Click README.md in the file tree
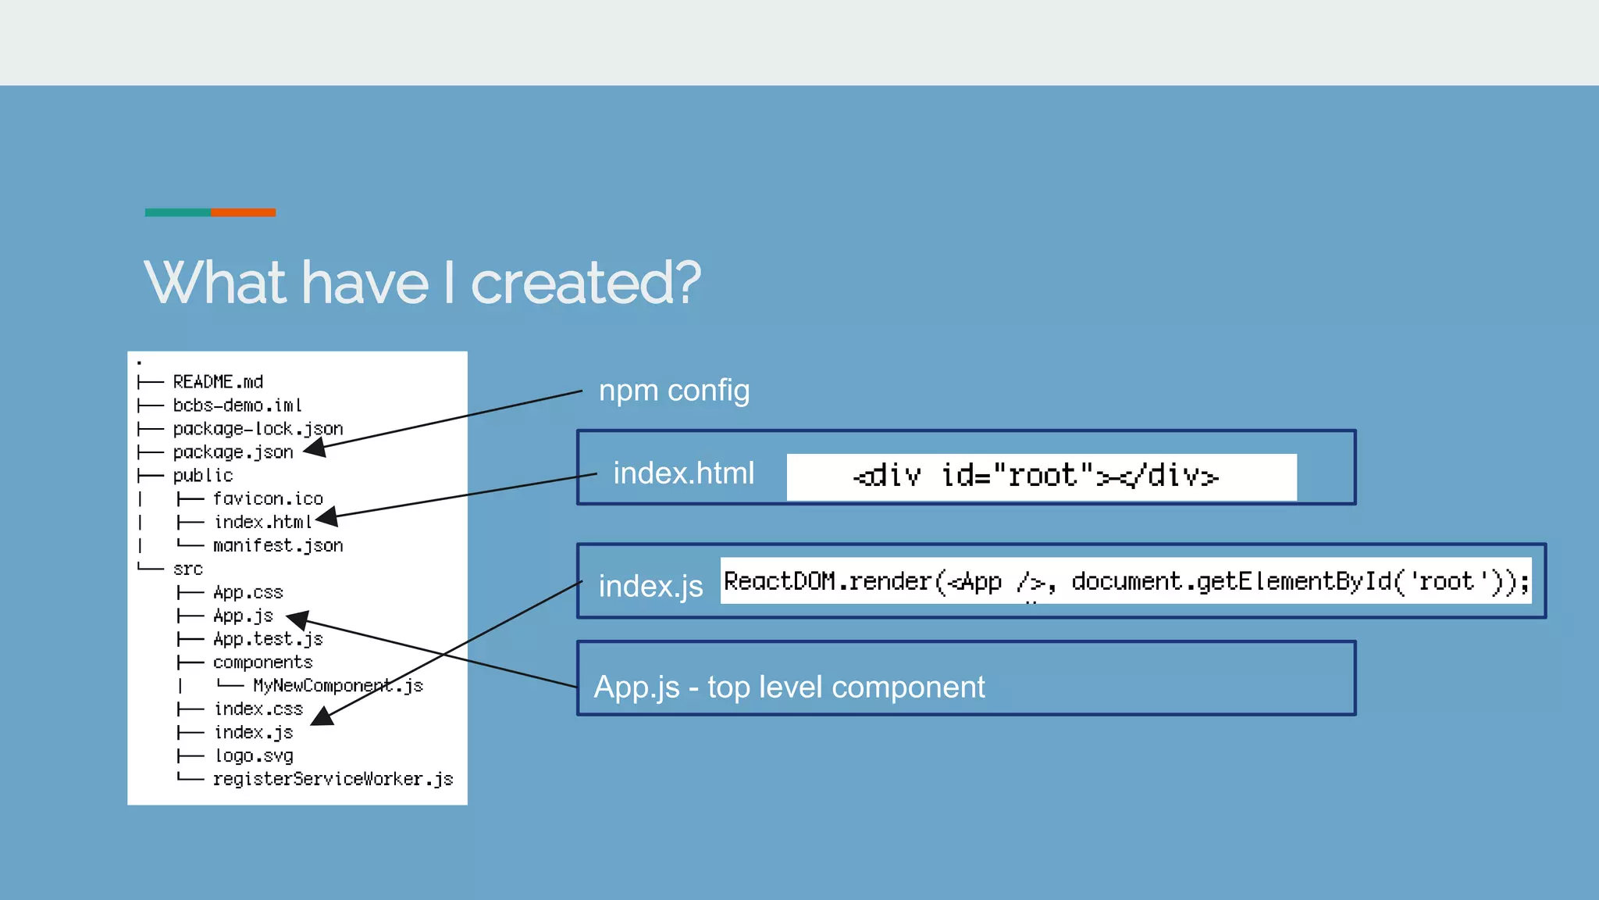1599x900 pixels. point(218,382)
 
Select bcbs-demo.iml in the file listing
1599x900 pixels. point(237,405)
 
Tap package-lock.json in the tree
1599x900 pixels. point(258,429)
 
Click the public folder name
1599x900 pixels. point(203,476)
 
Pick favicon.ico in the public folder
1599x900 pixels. point(268,498)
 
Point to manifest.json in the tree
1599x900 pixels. point(278,545)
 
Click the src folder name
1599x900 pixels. point(188,569)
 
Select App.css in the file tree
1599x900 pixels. point(248,592)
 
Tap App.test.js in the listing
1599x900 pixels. point(268,639)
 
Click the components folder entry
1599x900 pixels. point(262,662)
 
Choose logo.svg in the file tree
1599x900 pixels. point(254,755)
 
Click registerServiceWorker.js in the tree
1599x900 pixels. point(333,779)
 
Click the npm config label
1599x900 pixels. point(674,390)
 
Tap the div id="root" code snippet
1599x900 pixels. point(1036,476)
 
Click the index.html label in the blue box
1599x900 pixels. point(684,473)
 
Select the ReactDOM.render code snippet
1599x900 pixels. point(1125,581)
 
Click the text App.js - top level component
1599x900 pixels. point(789,687)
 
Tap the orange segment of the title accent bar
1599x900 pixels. point(243,212)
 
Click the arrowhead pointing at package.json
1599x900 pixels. point(314,448)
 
